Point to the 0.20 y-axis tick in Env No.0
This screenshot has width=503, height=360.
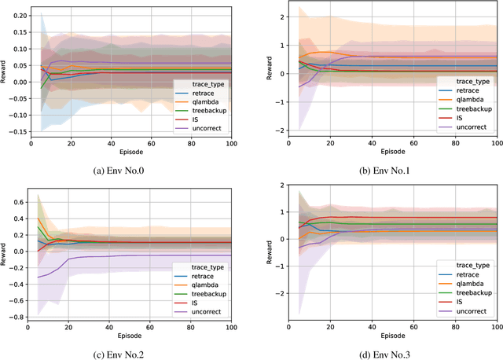tap(17, 14)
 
